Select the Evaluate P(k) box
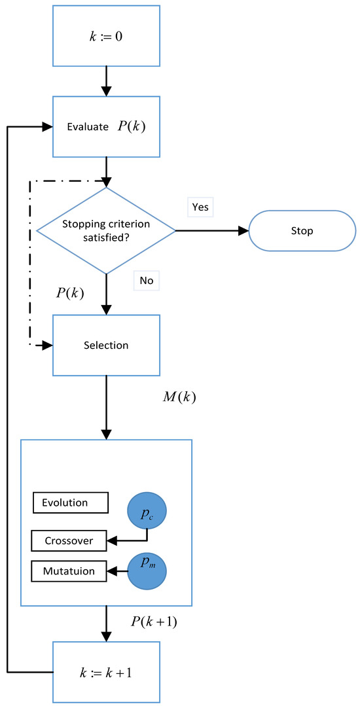(x=106, y=127)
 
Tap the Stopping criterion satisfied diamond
(x=106, y=230)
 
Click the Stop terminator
(x=302, y=230)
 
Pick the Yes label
(x=200, y=207)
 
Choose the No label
(x=145, y=280)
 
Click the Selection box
(x=106, y=344)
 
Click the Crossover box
(x=68, y=540)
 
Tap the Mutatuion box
(x=68, y=571)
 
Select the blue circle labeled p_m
(x=147, y=571)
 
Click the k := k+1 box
(x=106, y=672)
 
